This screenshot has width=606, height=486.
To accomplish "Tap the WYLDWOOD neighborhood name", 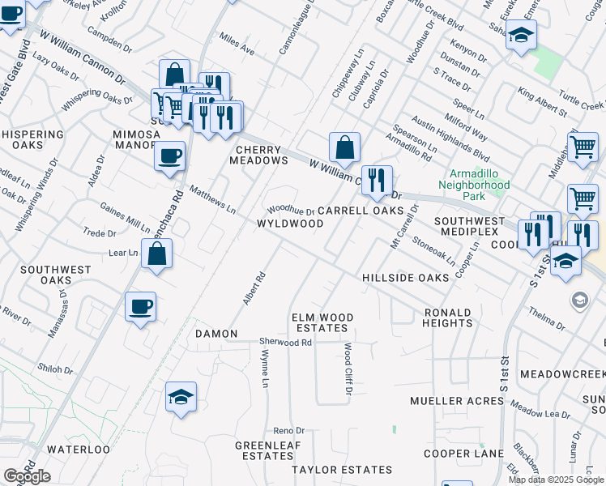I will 290,224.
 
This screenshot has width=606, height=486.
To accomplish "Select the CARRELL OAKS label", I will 360,211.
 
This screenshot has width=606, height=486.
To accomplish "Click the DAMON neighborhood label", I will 216,334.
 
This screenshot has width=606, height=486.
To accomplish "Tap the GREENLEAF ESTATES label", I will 267,451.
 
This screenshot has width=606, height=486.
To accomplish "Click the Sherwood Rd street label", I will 285,343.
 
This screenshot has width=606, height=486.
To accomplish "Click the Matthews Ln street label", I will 212,200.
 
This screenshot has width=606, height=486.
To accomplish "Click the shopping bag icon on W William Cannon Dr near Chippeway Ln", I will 344,147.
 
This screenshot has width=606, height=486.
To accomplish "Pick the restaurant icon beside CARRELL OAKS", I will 377,180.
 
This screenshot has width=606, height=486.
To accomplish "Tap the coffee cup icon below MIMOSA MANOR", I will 169,156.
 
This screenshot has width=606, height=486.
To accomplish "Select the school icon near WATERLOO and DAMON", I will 181,396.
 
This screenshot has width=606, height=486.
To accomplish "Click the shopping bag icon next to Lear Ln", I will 156,254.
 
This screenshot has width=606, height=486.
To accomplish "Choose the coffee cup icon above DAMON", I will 140,306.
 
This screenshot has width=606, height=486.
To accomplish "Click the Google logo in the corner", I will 26,476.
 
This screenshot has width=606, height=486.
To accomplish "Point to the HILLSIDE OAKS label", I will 405,278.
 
